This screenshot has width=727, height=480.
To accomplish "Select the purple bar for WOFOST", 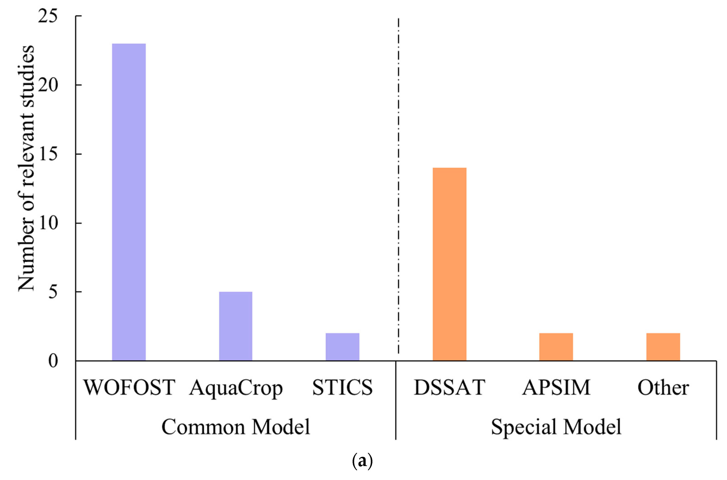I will click(x=129, y=202).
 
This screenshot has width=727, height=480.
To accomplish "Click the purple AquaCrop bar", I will click(x=235, y=326).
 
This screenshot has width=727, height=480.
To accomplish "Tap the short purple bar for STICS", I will click(x=342, y=347).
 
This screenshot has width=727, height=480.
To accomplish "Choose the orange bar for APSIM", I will click(x=556, y=347).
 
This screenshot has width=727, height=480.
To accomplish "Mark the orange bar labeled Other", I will click(x=663, y=347).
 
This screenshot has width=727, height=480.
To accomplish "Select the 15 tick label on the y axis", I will click(x=48, y=154).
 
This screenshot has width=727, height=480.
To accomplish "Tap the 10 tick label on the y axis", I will click(x=48, y=223).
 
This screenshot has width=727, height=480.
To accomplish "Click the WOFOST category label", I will click(x=129, y=388).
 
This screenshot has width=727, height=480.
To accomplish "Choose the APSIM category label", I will click(x=556, y=388).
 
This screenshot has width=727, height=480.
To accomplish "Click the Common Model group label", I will click(x=235, y=427).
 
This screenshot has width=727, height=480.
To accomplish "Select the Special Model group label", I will click(x=556, y=427).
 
